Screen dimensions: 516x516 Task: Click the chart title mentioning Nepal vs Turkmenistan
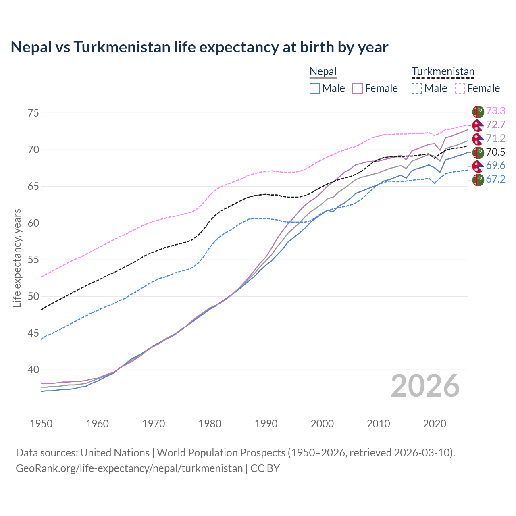tap(199, 47)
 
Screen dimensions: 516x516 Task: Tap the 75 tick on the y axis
tap(33, 113)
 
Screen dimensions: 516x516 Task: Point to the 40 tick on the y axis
tap(33, 370)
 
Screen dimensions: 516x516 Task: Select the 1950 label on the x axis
tap(41, 424)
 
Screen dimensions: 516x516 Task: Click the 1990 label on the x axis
tap(266, 424)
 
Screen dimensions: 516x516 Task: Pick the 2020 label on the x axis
tap(435, 424)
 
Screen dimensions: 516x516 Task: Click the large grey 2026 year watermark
tap(425, 386)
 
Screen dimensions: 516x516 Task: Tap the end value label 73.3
tap(495, 111)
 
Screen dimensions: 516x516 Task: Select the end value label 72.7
tap(495, 125)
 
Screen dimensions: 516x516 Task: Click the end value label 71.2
tap(495, 138)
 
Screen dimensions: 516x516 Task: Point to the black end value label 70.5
tap(495, 152)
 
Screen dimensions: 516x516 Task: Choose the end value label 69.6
tap(495, 166)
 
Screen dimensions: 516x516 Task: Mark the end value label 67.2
tap(495, 179)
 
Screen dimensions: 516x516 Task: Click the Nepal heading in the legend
tap(323, 72)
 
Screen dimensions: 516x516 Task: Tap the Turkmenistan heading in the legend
tap(443, 72)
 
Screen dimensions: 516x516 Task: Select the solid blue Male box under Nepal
tap(315, 88)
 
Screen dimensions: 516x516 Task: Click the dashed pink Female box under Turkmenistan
tap(460, 88)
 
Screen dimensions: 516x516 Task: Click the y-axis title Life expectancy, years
tap(17, 258)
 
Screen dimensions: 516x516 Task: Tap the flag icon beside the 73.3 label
tap(478, 112)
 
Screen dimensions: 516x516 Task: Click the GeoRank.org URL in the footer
tap(129, 468)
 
